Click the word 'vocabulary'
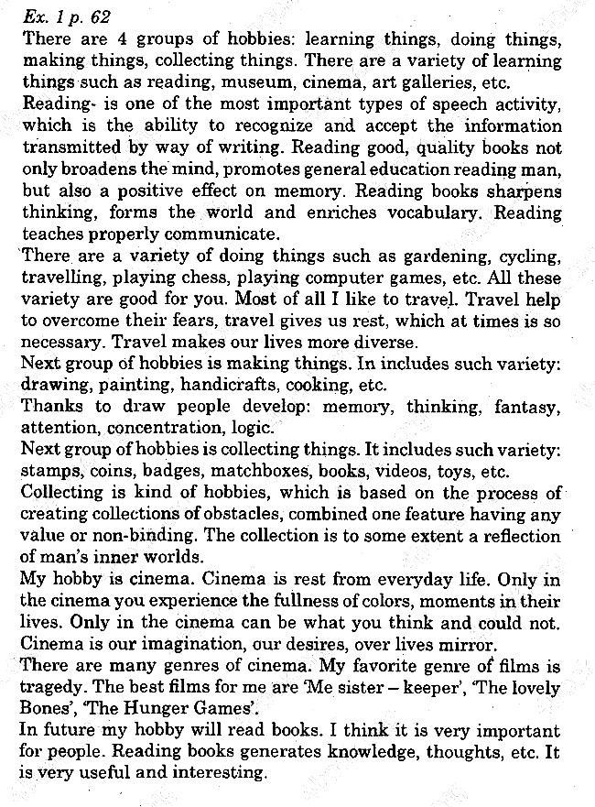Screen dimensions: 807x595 [434, 213]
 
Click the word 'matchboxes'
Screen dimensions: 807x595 [297, 472]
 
